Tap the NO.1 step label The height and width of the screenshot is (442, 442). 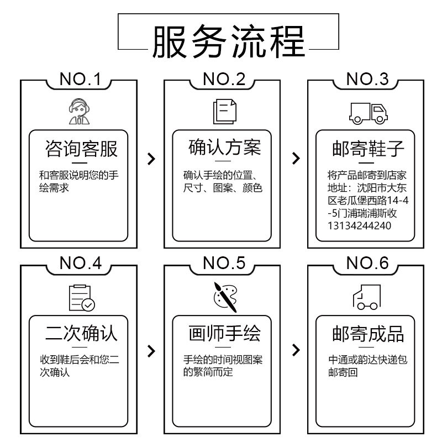click(x=80, y=79)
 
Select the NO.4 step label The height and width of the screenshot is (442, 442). click(x=81, y=264)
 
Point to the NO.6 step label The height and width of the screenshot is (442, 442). click(x=367, y=264)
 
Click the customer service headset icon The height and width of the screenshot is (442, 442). click(x=79, y=112)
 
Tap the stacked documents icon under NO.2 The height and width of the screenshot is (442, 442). click(x=225, y=112)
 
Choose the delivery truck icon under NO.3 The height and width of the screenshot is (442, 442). click(x=368, y=113)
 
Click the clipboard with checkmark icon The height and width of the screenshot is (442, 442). click(x=82, y=298)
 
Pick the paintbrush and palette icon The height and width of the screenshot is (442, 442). click(x=225, y=297)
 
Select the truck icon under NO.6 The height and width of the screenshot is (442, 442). click(x=367, y=297)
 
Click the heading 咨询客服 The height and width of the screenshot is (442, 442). click(x=81, y=149)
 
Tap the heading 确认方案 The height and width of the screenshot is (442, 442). click(x=225, y=147)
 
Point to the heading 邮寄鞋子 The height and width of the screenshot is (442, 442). click(x=368, y=149)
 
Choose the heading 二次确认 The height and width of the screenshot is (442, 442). click(x=81, y=334)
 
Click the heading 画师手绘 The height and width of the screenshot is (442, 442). click(x=225, y=333)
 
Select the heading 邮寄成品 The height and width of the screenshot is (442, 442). click(x=368, y=334)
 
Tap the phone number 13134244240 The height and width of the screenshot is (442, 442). click(x=359, y=226)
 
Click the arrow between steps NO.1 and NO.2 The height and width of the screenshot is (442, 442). click(x=151, y=159)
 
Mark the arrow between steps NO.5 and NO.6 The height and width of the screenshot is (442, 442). click(x=296, y=350)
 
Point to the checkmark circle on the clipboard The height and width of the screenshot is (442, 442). click(x=88, y=305)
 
